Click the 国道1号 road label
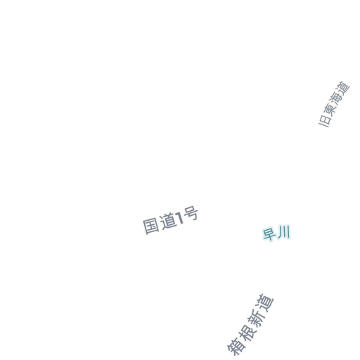[x=171, y=220]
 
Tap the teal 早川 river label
[x=276, y=233]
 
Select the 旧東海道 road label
[x=334, y=104]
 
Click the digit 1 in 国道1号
[x=180, y=218]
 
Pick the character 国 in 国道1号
[x=151, y=226]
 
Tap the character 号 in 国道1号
[x=191, y=214]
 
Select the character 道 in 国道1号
[x=168, y=221]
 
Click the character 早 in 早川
[x=269, y=234]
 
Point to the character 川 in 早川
[x=284, y=232]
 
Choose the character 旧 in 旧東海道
[x=325, y=121]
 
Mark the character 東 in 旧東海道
[x=330, y=110]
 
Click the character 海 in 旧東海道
[x=337, y=98]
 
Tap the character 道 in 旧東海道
[x=343, y=88]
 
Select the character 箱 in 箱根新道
[x=236, y=347]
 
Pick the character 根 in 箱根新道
[x=245, y=333]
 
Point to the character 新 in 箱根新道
[x=255, y=318]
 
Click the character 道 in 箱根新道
[x=265, y=303]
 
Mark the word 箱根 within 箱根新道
[x=240, y=340]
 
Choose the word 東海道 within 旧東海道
[x=337, y=98]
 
